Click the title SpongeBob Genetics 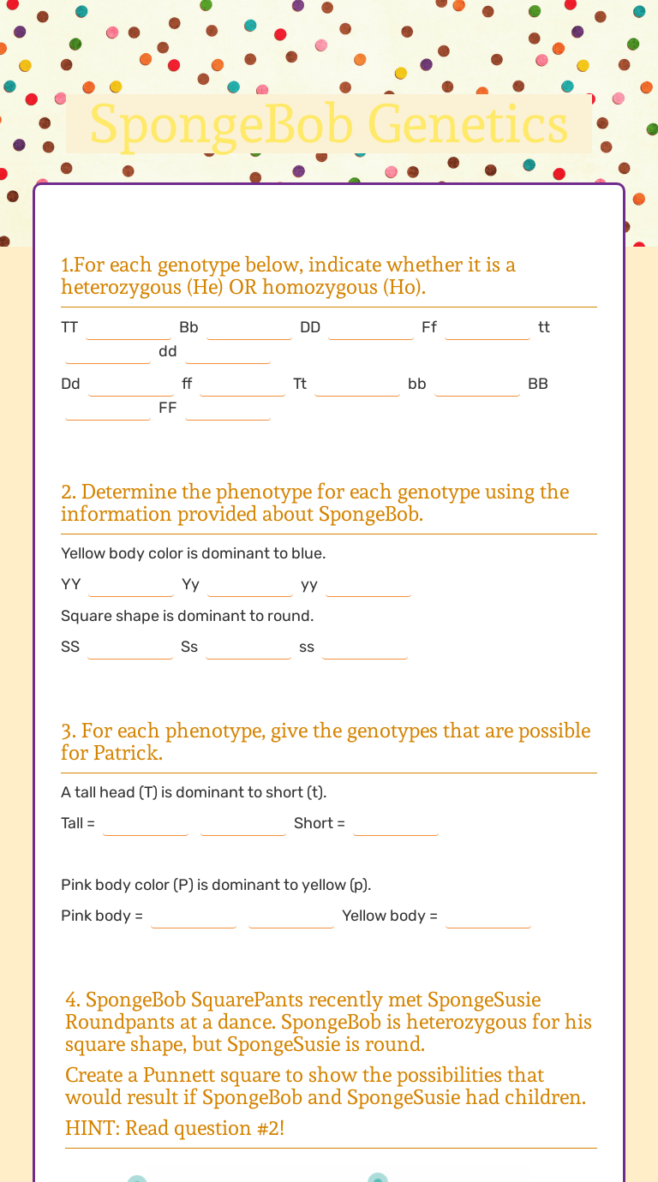pos(329,124)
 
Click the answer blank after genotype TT pos(129,328)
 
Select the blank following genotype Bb pos(249,328)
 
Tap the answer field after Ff pos(488,328)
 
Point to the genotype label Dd pos(70,384)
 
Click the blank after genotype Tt pos(357,385)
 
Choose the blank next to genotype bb pos(477,385)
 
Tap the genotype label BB pos(538,384)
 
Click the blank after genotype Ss pos(248,648)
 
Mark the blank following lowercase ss pos(365,648)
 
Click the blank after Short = pos(396,824)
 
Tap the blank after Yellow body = pos(488,916)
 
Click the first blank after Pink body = pos(194,916)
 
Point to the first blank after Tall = pos(146,824)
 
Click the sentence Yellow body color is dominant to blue pos(194,553)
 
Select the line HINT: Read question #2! pos(175,1128)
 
